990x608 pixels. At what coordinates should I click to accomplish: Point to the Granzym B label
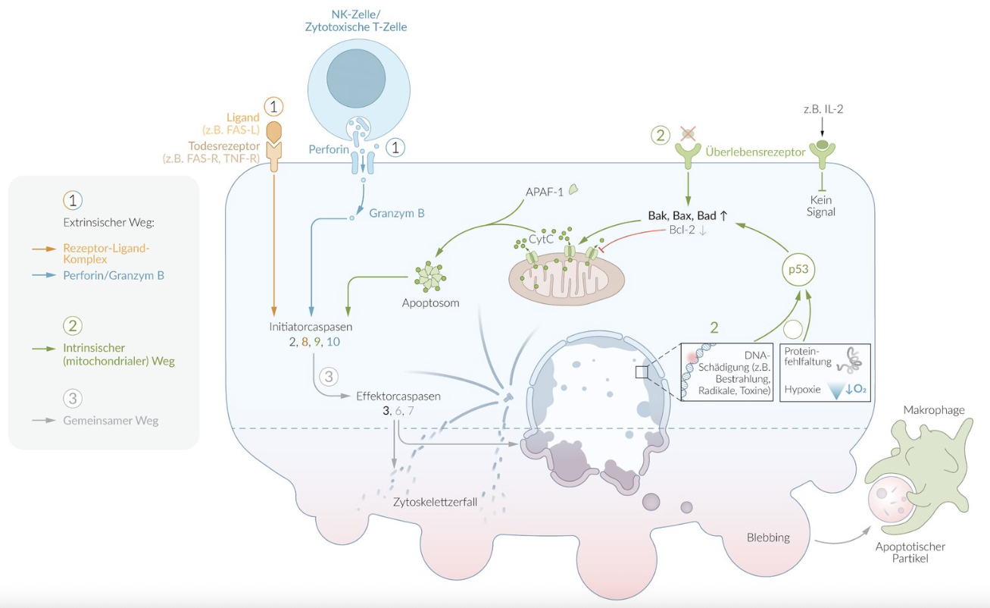(396, 213)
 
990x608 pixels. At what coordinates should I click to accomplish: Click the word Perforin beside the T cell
(329, 150)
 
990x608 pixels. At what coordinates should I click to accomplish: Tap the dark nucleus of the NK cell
(357, 79)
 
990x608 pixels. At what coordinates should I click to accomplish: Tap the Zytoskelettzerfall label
(435, 501)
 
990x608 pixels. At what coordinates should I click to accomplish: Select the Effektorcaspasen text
(398, 396)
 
